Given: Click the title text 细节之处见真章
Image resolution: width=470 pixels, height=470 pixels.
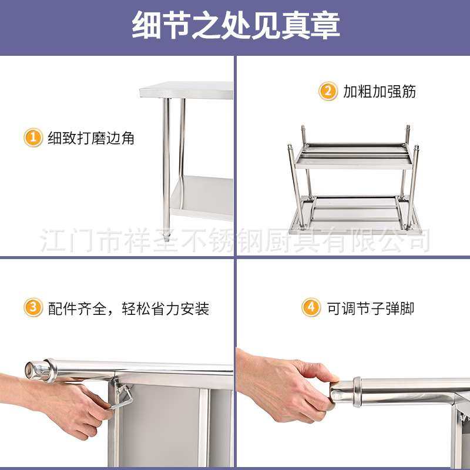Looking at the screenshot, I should click(x=235, y=26).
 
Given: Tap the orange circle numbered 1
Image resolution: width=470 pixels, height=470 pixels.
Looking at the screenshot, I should click(x=33, y=137).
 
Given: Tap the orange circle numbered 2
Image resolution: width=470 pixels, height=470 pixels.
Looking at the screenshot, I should click(x=328, y=92).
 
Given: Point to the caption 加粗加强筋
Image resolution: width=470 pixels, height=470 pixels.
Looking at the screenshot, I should click(x=380, y=92).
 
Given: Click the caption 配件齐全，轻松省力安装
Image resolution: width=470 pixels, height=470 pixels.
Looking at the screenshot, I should click(x=129, y=308).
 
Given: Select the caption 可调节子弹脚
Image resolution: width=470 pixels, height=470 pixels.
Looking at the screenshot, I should click(x=371, y=308).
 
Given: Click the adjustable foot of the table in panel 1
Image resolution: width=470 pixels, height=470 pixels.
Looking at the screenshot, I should click(x=167, y=237).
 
